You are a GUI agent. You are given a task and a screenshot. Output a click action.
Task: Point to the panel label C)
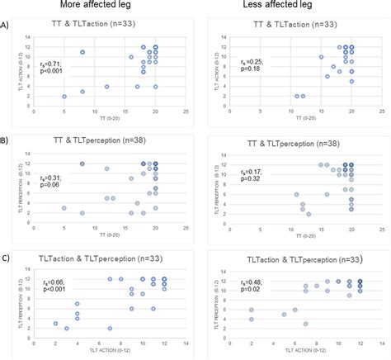tap(7, 258)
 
